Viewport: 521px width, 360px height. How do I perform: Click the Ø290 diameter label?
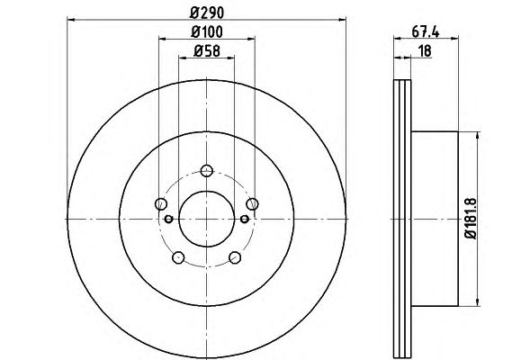coord(207,13)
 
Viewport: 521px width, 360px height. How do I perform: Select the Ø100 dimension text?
coord(207,32)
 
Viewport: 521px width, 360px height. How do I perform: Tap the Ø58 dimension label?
coord(207,51)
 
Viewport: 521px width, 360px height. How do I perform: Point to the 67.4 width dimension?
coord(426,32)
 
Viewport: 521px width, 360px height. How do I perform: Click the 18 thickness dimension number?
coord(425,51)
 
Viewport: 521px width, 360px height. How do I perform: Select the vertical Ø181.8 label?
coord(471,218)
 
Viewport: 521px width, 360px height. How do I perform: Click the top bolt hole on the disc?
coord(207,171)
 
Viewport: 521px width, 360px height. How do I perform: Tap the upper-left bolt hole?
coord(161,203)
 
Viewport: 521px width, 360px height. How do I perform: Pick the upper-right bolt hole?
coord(252,203)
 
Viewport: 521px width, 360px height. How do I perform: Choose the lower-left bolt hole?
coord(178,257)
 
